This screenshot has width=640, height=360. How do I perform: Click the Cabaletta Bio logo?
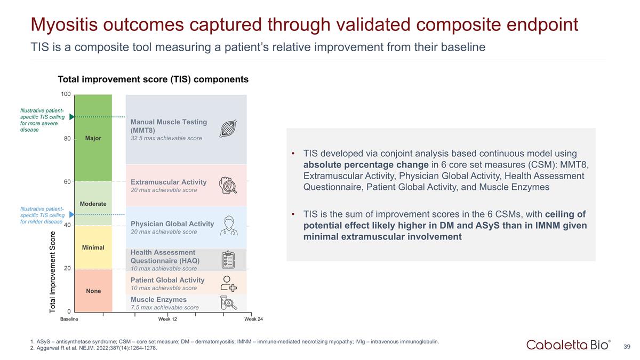569,345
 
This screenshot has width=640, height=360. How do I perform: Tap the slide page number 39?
627,347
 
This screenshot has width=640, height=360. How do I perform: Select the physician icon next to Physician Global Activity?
228,226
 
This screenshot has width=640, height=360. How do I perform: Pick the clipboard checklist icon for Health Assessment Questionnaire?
228,260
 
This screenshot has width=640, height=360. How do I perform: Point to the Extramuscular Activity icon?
228,185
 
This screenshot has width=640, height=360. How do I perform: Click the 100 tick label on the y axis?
66,94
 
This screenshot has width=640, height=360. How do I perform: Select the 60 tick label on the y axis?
67,182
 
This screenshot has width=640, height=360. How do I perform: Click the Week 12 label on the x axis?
167,319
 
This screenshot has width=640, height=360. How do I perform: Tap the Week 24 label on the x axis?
253,319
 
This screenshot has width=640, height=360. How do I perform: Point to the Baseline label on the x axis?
69,319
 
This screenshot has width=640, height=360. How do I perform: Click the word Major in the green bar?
93,139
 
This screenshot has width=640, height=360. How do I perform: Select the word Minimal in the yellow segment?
93,247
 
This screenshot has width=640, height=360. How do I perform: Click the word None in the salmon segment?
93,291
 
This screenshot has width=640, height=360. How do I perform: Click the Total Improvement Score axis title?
53,272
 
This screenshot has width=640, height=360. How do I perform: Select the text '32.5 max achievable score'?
166,139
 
